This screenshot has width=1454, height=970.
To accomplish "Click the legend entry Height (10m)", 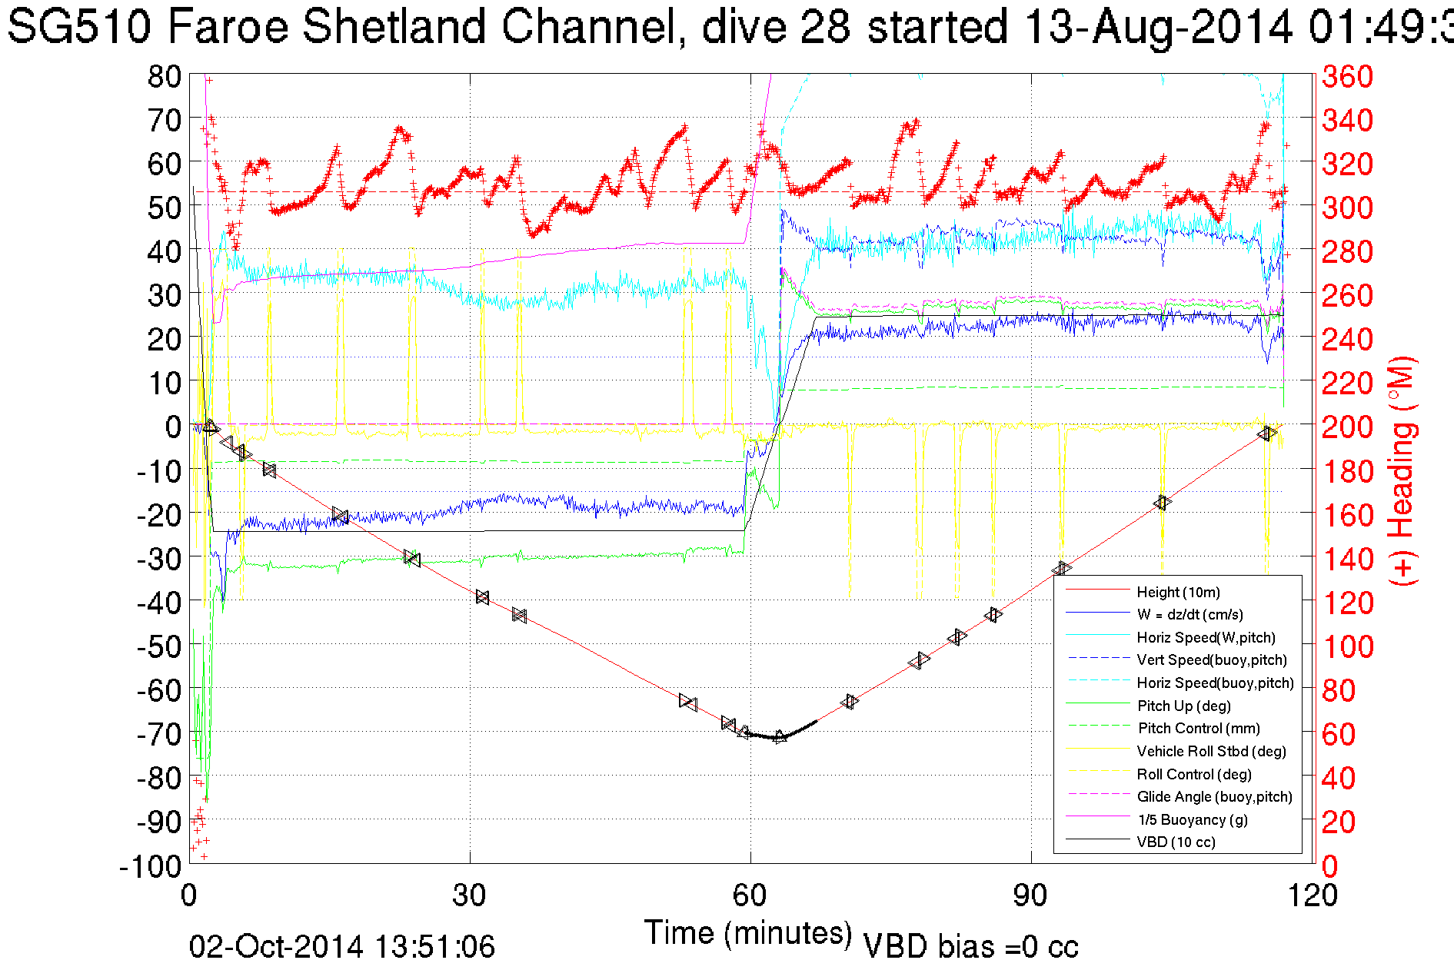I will coord(1178,592).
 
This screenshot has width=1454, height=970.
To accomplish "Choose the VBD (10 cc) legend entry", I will coord(1176,842).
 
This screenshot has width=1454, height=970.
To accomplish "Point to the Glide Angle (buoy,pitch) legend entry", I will coord(1214,796).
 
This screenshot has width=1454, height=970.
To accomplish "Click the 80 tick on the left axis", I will coord(164,76).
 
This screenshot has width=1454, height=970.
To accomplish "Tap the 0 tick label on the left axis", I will coord(173,427).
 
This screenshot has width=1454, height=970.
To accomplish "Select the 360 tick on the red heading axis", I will coord(1347,76).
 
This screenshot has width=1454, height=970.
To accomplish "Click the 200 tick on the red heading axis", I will coord(1347,427).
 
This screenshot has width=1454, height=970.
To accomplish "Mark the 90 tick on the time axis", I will coord(1030,895).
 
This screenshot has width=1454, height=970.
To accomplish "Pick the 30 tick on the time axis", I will coord(469,895).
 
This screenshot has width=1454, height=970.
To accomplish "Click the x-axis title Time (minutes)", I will coord(748,933).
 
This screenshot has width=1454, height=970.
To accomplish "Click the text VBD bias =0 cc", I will coord(970,947).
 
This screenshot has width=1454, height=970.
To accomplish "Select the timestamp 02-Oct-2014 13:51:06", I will coord(342,947).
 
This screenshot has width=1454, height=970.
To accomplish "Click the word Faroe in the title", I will coord(228,26).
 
